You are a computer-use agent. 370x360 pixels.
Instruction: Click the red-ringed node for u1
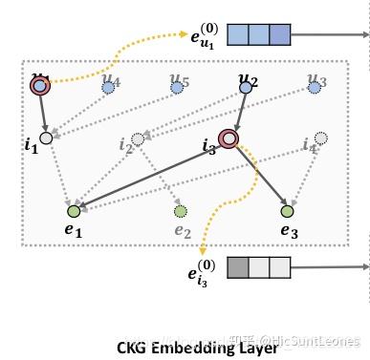39,87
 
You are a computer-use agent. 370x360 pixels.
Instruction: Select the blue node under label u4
109,87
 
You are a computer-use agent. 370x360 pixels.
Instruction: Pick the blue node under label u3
315,88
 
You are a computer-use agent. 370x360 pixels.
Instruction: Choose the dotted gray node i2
139,139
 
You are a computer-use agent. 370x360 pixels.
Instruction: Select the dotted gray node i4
321,139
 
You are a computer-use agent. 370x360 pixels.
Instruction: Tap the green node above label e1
73,210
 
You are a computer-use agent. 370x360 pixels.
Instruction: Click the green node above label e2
180,211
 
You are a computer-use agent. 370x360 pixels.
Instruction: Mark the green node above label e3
286,211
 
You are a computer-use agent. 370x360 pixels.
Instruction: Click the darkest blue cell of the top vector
278,36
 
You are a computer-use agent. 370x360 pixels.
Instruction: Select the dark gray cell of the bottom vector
237,268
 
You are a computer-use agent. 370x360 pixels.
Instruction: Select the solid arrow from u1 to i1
42,113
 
